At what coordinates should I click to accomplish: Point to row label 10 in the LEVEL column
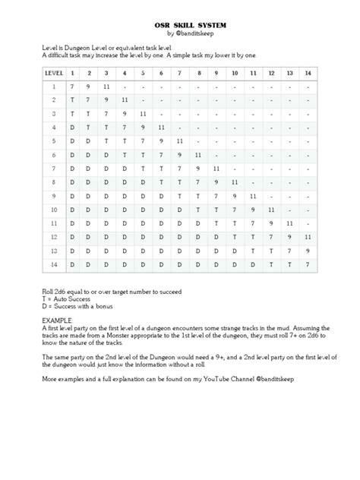tap(54, 209)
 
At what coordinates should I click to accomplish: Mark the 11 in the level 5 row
tap(178, 141)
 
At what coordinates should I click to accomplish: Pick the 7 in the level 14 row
tap(307, 264)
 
